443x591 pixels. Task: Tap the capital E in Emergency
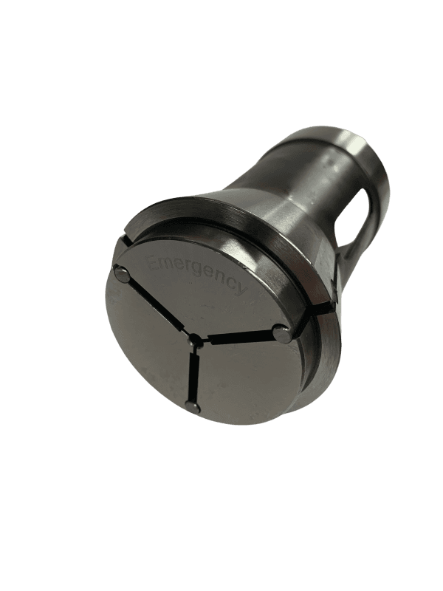point(154,262)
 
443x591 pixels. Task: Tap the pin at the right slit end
point(280,333)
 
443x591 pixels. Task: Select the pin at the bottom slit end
point(193,406)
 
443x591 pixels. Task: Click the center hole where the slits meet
point(195,342)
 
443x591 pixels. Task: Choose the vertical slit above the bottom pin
point(193,374)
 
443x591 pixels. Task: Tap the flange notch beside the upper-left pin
point(123,239)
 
